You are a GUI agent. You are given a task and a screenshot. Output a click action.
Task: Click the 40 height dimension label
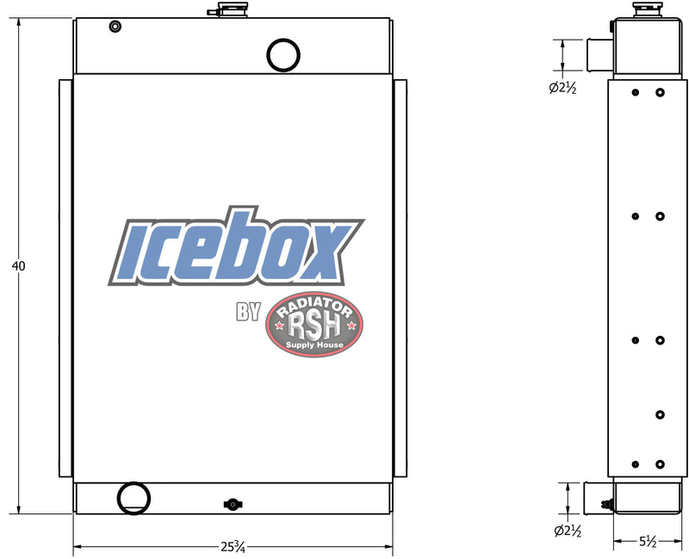pos(18,265)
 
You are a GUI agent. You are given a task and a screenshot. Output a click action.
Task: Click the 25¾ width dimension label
pos(233,547)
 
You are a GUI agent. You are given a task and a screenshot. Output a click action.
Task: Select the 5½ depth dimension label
pos(648,542)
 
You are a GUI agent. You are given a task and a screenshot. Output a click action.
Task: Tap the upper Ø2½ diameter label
pos(562,88)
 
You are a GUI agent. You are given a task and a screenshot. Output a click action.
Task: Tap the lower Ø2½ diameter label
pos(568,531)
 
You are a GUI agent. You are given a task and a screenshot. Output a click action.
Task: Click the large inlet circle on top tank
pos(283,39)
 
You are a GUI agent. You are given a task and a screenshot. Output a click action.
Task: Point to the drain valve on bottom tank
pos(233,504)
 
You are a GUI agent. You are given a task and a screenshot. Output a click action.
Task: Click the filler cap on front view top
pos(233,9)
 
